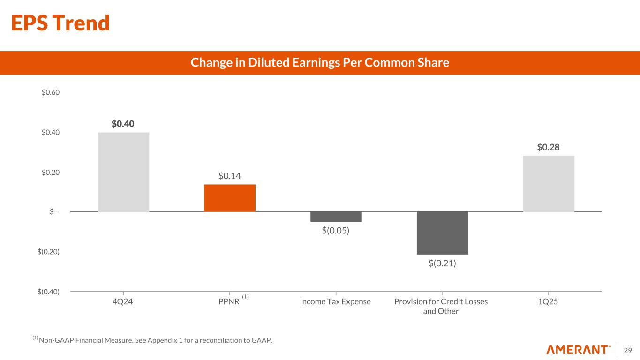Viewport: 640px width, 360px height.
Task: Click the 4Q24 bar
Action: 123,172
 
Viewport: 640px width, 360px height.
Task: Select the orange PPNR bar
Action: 230,198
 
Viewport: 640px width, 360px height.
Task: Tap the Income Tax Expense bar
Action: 336,217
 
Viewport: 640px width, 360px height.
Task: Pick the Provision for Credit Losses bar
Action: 442,233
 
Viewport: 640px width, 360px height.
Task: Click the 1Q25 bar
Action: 549,183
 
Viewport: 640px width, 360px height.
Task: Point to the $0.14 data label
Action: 230,176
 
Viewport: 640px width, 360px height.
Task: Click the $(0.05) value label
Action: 336,231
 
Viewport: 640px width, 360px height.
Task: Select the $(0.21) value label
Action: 442,263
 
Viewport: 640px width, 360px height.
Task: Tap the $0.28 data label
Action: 549,147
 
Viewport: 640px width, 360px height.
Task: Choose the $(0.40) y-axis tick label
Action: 48,292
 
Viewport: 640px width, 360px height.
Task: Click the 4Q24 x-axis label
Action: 123,302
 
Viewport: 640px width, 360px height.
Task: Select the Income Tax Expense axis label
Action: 335,302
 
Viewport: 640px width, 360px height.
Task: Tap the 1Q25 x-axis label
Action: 548,302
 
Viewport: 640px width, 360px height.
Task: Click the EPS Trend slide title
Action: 60,23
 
